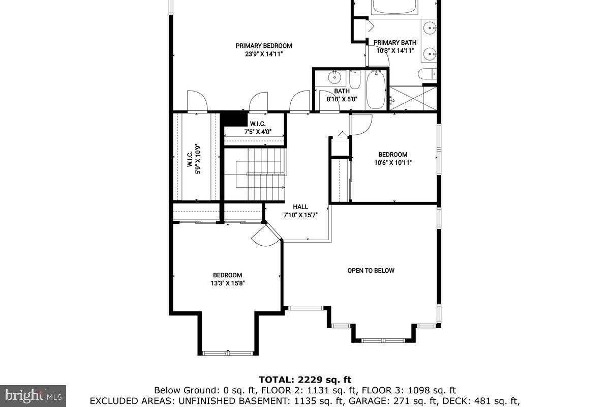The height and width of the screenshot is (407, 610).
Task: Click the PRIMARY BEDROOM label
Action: [x=263, y=46]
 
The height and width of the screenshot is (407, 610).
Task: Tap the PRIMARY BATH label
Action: [x=394, y=43]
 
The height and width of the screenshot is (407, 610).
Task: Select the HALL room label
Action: [x=300, y=207]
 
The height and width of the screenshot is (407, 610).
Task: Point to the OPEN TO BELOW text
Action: [x=371, y=271]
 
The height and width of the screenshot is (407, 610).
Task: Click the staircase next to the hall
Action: [x=255, y=174]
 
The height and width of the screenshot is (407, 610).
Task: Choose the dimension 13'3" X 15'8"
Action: [x=227, y=283]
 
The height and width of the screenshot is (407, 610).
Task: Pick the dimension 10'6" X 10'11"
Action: [x=392, y=163]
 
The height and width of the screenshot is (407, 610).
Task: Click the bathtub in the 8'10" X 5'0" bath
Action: [x=376, y=90]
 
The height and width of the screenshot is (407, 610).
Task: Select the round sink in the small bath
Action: [x=334, y=78]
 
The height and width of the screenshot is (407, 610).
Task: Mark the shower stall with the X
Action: [x=413, y=98]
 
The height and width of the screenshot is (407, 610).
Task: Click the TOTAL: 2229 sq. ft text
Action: [x=304, y=380]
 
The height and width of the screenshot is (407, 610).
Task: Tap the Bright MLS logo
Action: [x=33, y=395]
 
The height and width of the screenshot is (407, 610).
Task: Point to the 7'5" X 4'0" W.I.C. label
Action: [x=258, y=128]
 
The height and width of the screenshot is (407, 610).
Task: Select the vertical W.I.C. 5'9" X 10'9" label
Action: [x=194, y=159]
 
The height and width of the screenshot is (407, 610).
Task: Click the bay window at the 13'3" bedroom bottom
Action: [x=227, y=353]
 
